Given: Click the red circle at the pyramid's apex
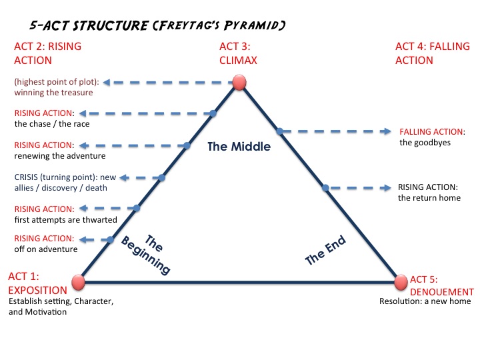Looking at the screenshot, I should [239, 83].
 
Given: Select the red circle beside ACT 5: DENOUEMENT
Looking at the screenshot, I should [400, 282].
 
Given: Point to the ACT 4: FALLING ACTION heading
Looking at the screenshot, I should [433, 53].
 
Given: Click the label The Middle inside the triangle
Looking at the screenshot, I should [239, 147].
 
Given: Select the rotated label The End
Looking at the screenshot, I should [325, 251].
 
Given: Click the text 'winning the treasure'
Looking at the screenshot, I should [53, 92].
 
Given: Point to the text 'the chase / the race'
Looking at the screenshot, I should [51, 123].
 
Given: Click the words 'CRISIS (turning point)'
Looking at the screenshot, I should [53, 177].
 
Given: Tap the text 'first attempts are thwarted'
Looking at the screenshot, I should [65, 219].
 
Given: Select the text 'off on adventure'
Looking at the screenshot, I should [45, 249].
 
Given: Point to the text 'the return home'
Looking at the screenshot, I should [430, 197].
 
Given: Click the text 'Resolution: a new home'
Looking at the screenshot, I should [425, 301].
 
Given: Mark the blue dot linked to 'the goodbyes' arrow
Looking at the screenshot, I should [279, 131].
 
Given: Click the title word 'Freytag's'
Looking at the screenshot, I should [187, 26].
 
